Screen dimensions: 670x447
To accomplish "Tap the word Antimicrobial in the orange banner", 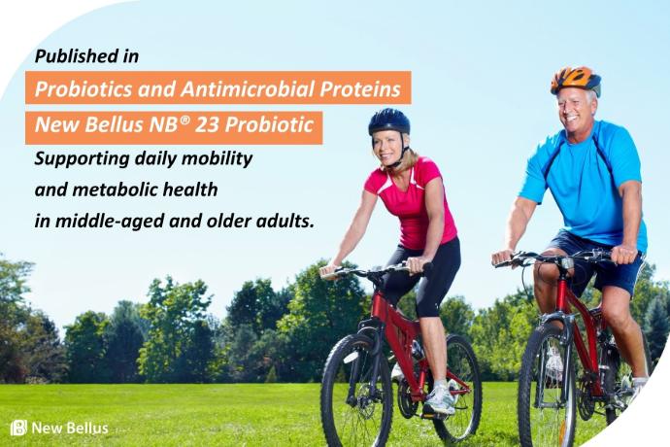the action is coord(248,89).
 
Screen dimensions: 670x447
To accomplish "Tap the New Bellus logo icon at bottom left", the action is coord(18,428).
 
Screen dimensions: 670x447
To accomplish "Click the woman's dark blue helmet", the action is coord(388,120).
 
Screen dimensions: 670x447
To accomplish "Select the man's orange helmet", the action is coord(575,80).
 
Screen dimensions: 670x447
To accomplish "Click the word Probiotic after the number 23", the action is coord(269,124).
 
